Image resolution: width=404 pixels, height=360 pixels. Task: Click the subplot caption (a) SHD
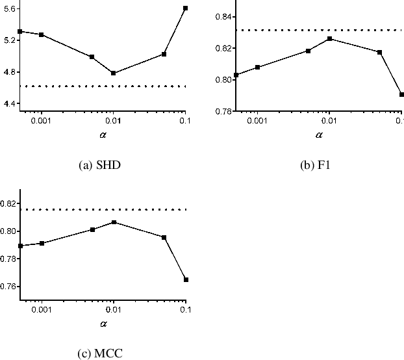(x=99, y=165)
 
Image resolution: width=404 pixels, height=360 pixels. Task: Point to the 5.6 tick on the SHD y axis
(x=9, y=8)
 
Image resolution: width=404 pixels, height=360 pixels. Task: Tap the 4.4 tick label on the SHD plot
(x=9, y=104)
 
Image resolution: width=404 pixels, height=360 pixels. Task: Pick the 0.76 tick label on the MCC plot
(x=9, y=287)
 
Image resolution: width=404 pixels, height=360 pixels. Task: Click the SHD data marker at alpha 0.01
(x=113, y=73)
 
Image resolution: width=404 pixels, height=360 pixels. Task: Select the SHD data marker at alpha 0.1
(x=185, y=8)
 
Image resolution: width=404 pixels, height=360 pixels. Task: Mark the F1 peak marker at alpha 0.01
(x=329, y=39)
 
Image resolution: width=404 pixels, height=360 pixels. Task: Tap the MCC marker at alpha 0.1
(x=185, y=279)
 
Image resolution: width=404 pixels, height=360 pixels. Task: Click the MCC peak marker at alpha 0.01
(x=113, y=222)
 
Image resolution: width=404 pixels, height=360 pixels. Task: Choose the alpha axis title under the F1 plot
(x=319, y=135)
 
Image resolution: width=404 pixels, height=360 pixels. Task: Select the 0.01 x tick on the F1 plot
(x=329, y=121)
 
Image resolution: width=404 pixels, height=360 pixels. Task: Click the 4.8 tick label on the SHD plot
(x=9, y=72)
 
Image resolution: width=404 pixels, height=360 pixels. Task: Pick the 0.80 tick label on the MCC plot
(x=9, y=231)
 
